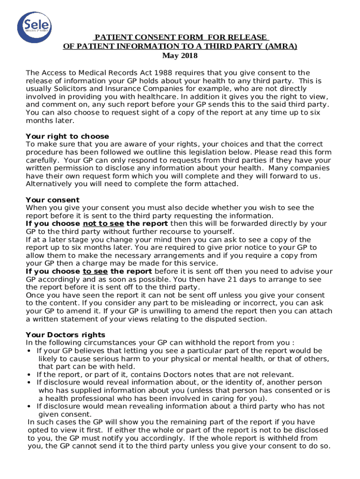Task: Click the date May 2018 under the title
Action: pos(180,56)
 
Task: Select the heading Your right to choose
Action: pos(67,137)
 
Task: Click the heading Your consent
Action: pos(53,200)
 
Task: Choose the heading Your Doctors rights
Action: pos(65,335)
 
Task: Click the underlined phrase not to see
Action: pos(103,224)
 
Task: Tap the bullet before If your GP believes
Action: pos(29,351)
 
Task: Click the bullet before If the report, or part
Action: pos(29,375)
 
